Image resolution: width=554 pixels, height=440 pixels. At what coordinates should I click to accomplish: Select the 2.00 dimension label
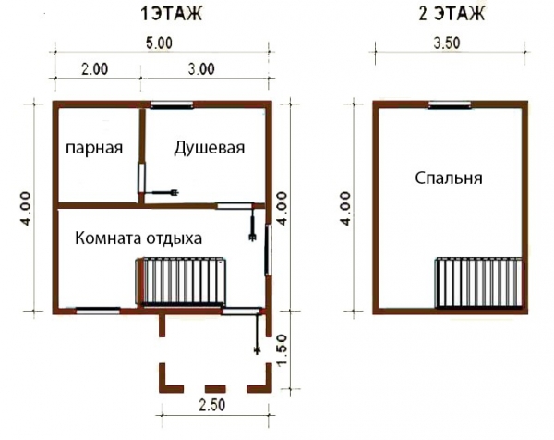[93, 67]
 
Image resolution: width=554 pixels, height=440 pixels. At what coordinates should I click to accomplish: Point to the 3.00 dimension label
[200, 67]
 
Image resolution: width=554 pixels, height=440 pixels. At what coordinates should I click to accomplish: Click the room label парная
[93, 150]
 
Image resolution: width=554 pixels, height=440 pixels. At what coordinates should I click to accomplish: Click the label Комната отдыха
[138, 238]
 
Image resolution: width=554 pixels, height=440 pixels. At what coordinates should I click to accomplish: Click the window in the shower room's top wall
[169, 104]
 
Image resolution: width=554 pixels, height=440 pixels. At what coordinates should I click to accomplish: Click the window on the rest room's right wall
[269, 250]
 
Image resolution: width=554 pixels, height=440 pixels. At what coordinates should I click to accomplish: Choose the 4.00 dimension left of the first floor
[28, 208]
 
